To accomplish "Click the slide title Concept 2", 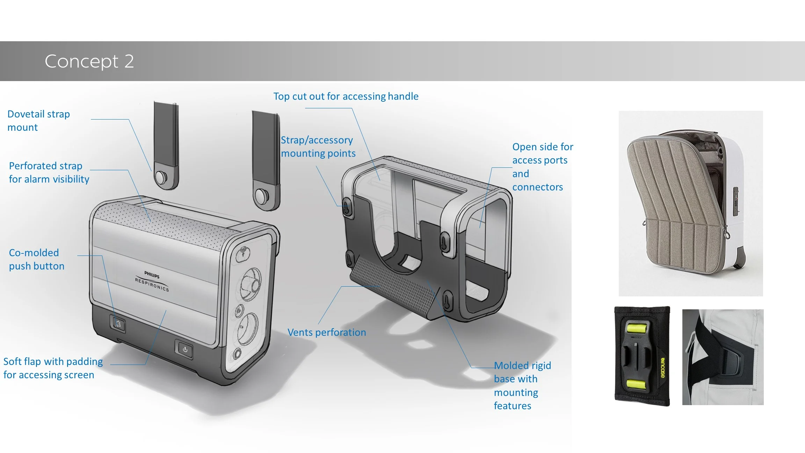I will click(89, 61).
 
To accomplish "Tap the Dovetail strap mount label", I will click(38, 121).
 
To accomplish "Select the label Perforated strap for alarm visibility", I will click(49, 172).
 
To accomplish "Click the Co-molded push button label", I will click(36, 259).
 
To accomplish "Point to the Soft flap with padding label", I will click(53, 368).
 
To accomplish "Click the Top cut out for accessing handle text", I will click(346, 96).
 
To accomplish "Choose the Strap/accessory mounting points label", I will click(318, 146).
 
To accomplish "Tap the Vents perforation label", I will click(327, 332).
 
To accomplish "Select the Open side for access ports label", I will click(542, 167).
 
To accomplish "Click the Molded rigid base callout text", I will click(522, 385).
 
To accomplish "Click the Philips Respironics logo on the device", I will click(152, 281).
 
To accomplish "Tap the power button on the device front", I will click(185, 349).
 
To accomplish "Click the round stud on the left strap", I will click(161, 177).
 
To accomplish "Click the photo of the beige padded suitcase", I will click(690, 203).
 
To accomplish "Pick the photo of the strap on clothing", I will click(723, 357).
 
